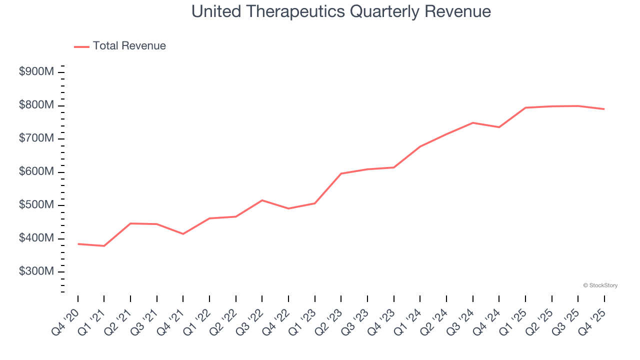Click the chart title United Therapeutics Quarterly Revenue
coord(341,11)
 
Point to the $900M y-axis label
coord(36,72)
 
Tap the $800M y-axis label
coord(36,105)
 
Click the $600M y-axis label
coord(36,172)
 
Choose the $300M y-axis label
coord(36,271)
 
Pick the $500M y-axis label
coord(36,205)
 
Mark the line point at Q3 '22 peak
coord(262,200)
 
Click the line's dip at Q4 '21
coord(183,234)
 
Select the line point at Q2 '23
coord(341,173)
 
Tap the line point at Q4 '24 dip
coord(499,127)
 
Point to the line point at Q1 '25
coord(525,107)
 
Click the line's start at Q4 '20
coord(78,244)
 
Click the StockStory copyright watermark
coord(600,285)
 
